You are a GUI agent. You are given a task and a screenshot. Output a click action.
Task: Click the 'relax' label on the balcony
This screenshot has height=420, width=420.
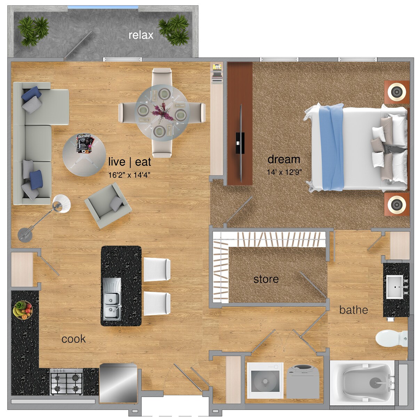point(141,35)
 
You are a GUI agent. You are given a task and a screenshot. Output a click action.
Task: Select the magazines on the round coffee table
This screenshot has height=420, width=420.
point(85,144)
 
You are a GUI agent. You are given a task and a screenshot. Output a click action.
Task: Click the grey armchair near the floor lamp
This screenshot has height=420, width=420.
point(107,205)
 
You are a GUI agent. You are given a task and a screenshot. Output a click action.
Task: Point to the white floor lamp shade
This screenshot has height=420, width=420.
point(62,203)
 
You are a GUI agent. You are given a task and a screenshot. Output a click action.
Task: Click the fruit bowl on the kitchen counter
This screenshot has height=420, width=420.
point(23,309)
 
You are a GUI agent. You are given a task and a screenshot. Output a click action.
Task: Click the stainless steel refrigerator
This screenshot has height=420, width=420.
point(118,383)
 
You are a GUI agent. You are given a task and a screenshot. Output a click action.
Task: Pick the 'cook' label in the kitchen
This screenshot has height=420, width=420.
point(73,339)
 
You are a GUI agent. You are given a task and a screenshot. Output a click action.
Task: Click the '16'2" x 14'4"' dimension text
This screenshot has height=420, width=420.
point(129,175)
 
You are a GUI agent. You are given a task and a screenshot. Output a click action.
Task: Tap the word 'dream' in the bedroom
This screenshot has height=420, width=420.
point(284,159)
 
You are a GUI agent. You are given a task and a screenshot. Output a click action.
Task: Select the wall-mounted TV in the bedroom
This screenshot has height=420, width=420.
point(240,143)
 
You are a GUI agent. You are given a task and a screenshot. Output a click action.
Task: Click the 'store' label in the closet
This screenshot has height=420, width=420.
point(266,279)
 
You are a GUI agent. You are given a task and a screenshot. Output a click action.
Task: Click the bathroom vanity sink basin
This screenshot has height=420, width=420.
point(394,287)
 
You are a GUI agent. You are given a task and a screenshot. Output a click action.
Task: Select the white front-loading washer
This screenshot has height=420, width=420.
point(265,381)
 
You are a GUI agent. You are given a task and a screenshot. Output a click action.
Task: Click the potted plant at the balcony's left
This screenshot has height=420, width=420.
point(33,31)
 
